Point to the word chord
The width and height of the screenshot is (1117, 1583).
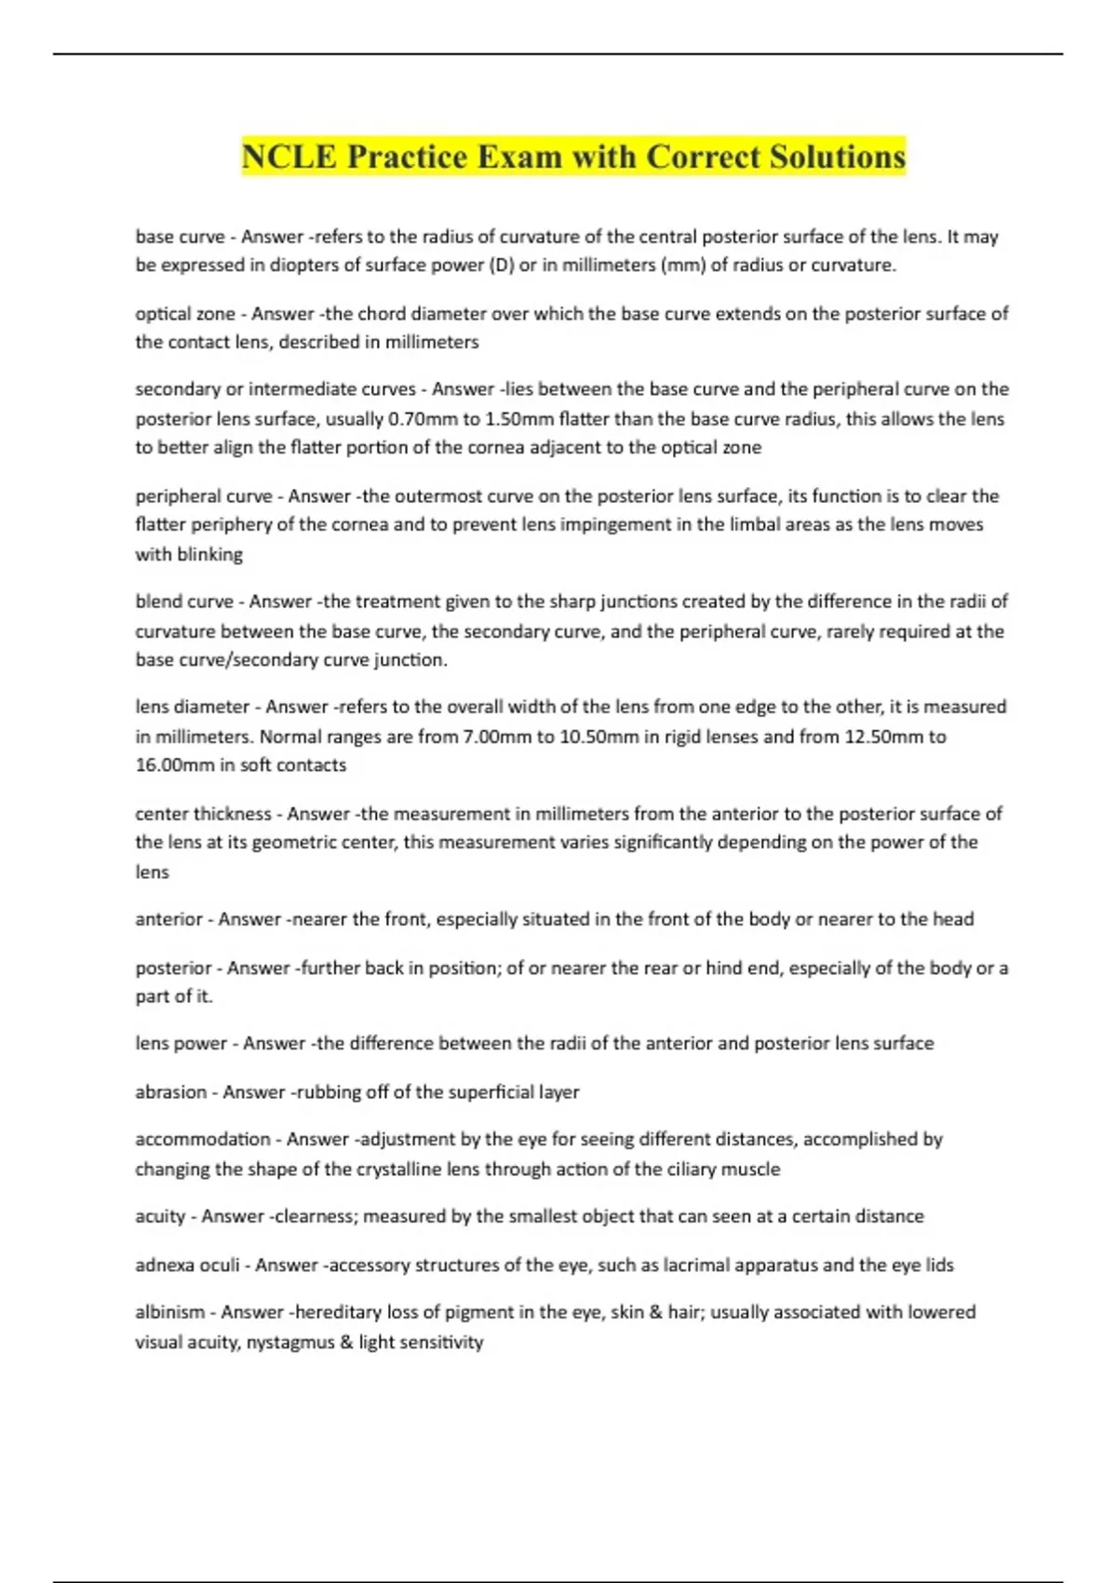pos(383,314)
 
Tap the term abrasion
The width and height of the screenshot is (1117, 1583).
pos(171,1092)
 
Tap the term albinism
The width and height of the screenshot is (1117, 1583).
pos(170,1312)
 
